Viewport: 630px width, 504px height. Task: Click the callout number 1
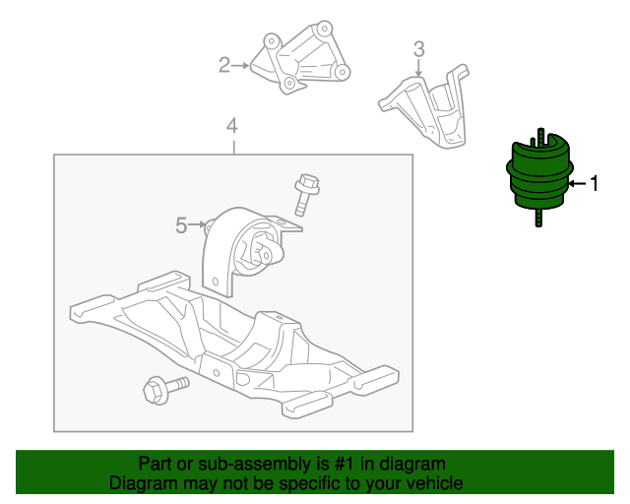[595, 183]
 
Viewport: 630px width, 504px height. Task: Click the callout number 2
[224, 65]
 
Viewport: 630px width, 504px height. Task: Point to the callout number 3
[418, 49]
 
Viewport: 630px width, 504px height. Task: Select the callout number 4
[232, 126]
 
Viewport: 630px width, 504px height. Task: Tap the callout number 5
[181, 225]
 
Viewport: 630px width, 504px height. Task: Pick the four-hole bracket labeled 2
[300, 57]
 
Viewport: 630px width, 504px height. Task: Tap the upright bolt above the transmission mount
[306, 194]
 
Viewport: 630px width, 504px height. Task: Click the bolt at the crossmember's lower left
[164, 389]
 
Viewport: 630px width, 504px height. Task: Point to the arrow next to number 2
[240, 65]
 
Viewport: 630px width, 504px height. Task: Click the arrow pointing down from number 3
[419, 68]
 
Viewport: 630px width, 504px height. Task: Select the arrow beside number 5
[197, 224]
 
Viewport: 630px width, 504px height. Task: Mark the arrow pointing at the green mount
[578, 184]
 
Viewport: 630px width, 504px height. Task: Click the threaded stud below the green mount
[538, 218]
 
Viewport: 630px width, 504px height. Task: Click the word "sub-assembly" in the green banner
[256, 464]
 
